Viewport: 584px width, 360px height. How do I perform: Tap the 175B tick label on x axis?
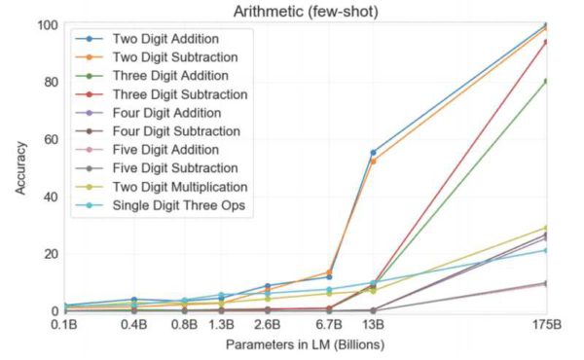(x=545, y=324)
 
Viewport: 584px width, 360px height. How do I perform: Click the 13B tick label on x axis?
(x=373, y=324)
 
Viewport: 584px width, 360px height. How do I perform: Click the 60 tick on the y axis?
(x=47, y=139)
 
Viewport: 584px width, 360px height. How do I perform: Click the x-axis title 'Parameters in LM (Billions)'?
(x=302, y=344)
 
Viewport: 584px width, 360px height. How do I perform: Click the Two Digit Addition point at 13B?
(x=373, y=153)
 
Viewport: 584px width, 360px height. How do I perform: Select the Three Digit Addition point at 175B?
(x=545, y=81)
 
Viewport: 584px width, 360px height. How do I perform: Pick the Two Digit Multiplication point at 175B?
(x=545, y=228)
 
